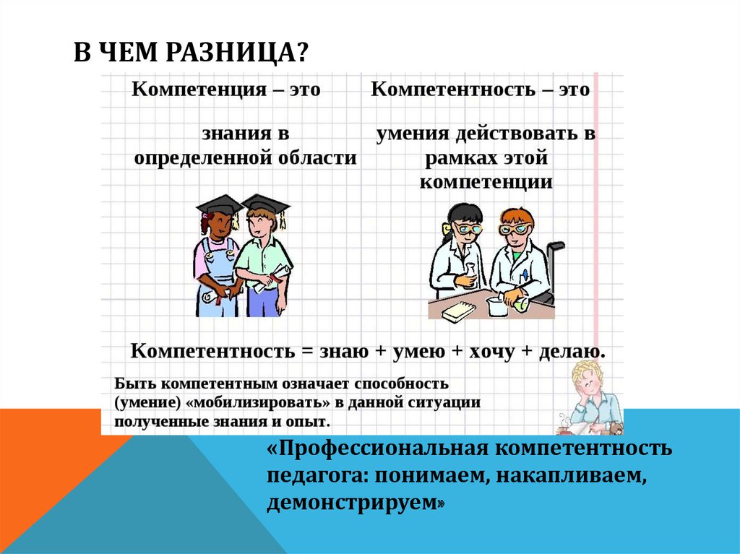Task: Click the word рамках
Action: click(460, 157)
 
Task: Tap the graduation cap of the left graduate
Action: click(219, 204)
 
